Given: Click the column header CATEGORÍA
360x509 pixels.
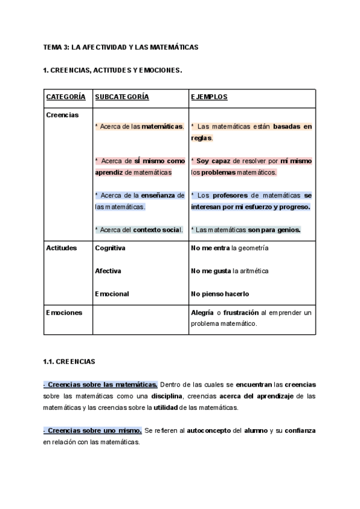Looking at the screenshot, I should click(x=65, y=97).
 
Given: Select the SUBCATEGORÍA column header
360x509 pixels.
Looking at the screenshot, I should click(x=122, y=97).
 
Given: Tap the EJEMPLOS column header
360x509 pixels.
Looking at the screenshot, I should click(x=209, y=97).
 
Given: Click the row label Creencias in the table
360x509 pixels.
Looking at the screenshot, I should click(x=62, y=115).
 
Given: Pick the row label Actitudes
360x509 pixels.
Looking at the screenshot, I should click(x=61, y=248).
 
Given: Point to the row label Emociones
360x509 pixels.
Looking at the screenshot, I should click(x=64, y=313).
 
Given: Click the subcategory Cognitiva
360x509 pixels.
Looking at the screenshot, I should click(x=110, y=248).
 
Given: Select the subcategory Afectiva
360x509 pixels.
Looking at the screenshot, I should click(x=108, y=271).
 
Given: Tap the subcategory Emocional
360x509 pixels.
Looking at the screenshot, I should click(x=112, y=294).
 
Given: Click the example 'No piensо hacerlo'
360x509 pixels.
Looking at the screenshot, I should click(x=220, y=294).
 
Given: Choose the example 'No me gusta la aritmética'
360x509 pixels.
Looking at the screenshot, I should click(x=230, y=271).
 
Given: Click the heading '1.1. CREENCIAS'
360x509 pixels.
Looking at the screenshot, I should click(x=69, y=362).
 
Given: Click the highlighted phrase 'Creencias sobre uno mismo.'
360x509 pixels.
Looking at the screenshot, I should click(x=93, y=431).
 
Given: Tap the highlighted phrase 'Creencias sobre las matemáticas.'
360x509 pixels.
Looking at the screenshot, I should click(x=101, y=385).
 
